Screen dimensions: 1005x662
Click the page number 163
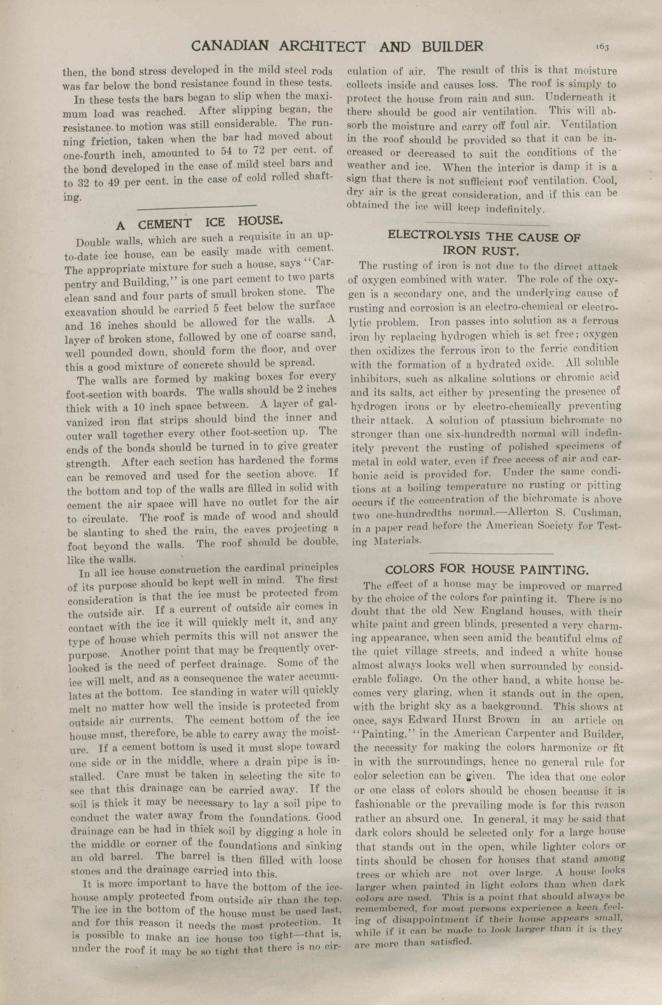tap(602, 47)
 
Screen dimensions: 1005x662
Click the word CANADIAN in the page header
tap(223, 46)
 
